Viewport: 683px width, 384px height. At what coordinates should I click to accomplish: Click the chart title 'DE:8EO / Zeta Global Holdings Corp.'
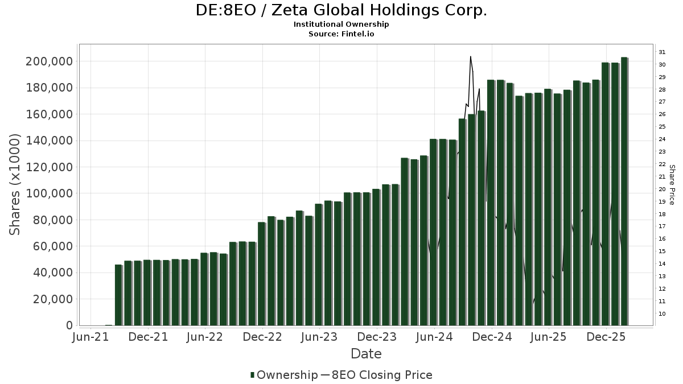click(x=341, y=11)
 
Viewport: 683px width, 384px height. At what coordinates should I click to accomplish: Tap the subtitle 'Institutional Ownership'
click(x=341, y=24)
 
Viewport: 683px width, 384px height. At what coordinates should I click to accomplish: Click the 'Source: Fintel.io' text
click(x=341, y=34)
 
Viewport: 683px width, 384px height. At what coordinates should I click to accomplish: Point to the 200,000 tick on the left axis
click(x=49, y=61)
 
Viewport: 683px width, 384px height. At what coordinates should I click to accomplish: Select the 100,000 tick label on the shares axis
click(x=49, y=193)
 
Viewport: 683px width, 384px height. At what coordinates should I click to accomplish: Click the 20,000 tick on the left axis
click(x=52, y=299)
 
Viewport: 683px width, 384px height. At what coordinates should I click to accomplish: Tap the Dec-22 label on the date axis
click(x=262, y=337)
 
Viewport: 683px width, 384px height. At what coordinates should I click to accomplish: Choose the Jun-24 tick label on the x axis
click(x=434, y=337)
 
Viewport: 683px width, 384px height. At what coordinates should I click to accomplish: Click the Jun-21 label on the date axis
click(x=90, y=337)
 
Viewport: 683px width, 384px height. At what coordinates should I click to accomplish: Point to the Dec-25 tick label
click(x=606, y=337)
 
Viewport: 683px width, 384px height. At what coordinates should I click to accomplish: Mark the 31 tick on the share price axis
click(x=662, y=52)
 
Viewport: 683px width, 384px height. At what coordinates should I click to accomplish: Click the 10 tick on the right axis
click(x=662, y=314)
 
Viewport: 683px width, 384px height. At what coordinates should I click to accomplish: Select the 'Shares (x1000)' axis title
click(x=15, y=184)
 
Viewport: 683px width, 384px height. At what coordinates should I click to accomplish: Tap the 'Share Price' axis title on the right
click(x=672, y=184)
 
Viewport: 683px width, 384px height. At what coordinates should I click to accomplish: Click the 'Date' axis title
click(x=366, y=354)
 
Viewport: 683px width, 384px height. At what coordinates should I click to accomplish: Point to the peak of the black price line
click(x=470, y=56)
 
